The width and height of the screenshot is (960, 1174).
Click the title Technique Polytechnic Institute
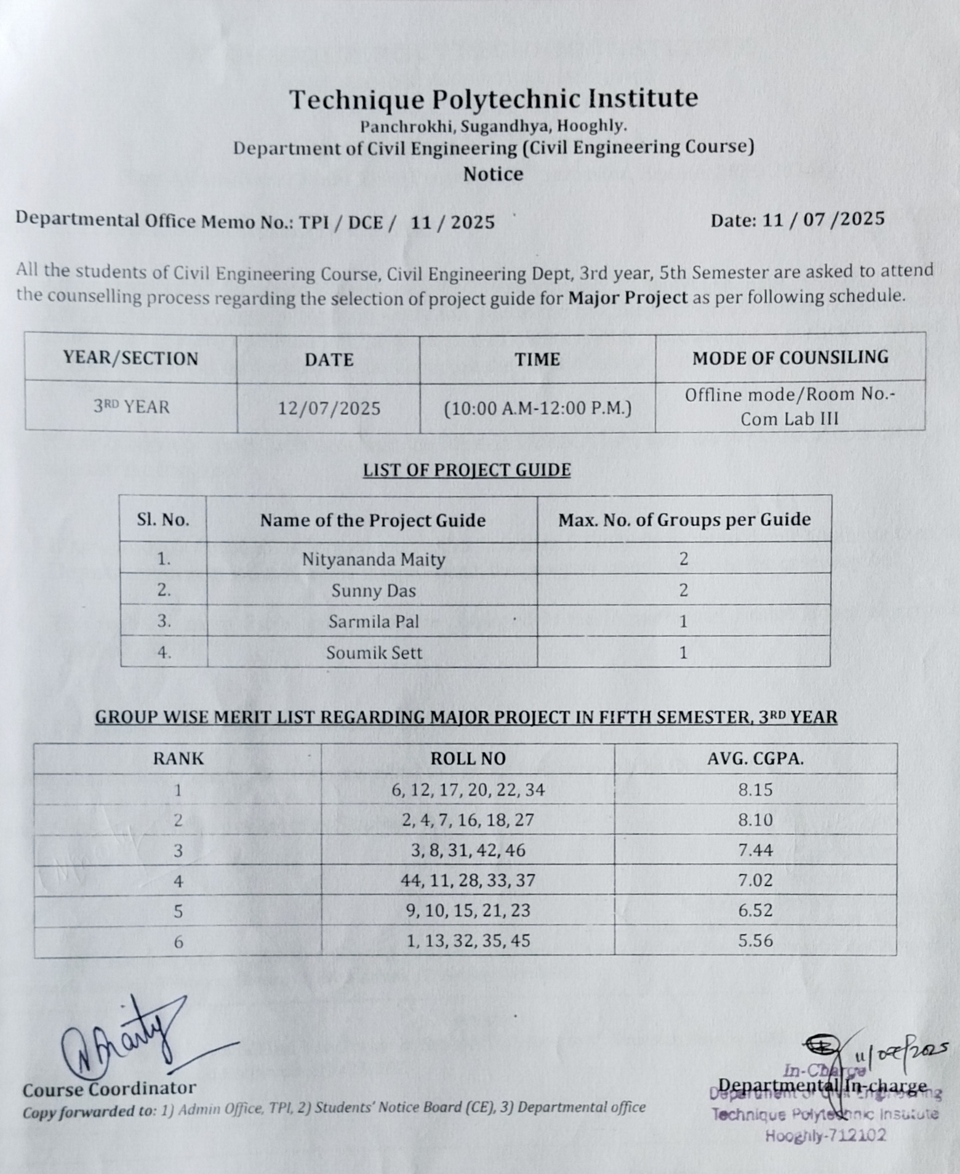tap(494, 99)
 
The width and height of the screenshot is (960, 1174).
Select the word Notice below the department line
tap(493, 174)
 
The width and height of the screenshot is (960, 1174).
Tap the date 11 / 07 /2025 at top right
tap(798, 220)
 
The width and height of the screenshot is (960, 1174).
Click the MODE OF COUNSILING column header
tap(790, 358)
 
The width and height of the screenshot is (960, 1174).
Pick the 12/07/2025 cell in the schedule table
tap(329, 408)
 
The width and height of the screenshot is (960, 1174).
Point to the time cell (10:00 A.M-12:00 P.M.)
tap(538, 408)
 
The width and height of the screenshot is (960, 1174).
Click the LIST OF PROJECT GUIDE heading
tap(466, 470)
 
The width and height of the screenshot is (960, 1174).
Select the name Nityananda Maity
tap(373, 559)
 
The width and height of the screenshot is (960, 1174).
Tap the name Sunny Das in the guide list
tap(373, 591)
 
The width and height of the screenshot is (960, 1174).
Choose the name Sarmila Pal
tap(373, 621)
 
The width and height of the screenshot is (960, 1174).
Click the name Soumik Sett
tap(374, 652)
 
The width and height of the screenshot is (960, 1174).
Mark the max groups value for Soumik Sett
tap(683, 652)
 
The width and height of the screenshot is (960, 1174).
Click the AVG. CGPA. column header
tap(755, 759)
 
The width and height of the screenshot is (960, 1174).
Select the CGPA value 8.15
tap(755, 789)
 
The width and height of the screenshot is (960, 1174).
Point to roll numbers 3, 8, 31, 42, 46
tap(468, 850)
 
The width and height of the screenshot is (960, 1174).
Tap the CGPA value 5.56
tap(755, 941)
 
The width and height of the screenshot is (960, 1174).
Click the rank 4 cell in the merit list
tap(178, 881)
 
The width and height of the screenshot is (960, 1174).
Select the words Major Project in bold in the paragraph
tap(627, 297)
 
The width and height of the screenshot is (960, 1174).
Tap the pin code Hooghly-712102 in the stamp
tap(825, 1136)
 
